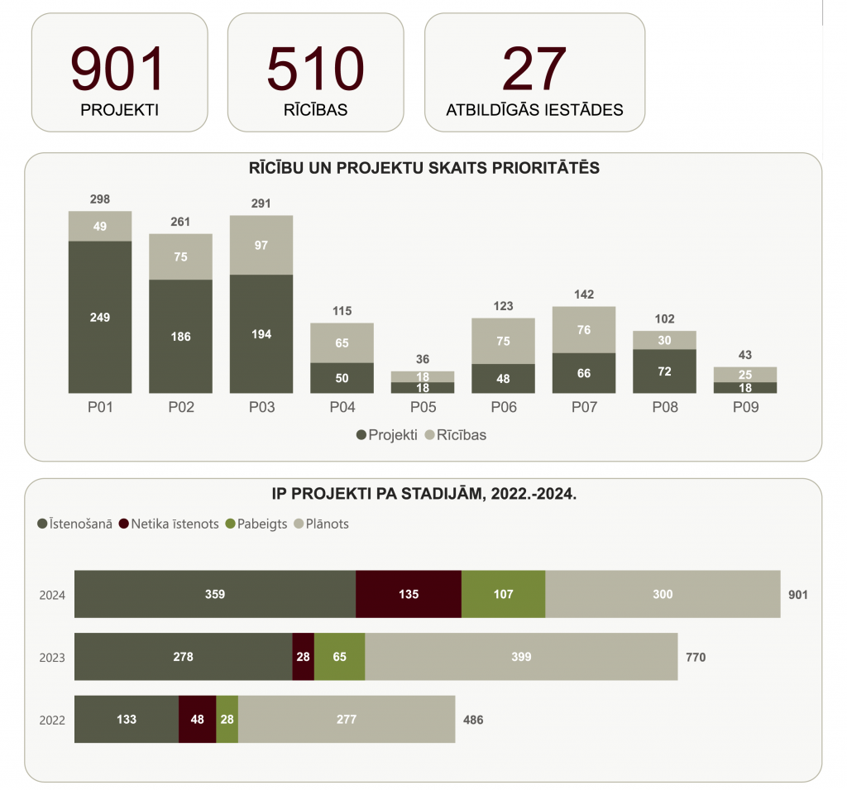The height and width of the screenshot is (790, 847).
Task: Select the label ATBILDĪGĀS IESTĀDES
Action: pyautogui.click(x=534, y=110)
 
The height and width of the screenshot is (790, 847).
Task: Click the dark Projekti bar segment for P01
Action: pyautogui.click(x=100, y=317)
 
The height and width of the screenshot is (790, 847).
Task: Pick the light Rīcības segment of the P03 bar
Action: pyautogui.click(x=261, y=245)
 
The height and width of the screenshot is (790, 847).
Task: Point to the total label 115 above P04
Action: pyautogui.click(x=342, y=311)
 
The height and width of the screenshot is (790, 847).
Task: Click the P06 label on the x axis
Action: pyautogui.click(x=503, y=407)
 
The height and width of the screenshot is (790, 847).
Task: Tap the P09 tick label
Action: pyautogui.click(x=744, y=407)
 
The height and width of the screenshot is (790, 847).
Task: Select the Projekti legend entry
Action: pyautogui.click(x=386, y=435)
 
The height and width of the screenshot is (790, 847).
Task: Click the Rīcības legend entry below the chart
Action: pyautogui.click(x=455, y=435)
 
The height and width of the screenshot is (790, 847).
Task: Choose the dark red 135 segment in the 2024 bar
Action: pyautogui.click(x=409, y=594)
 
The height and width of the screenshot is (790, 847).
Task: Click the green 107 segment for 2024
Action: pyautogui.click(x=503, y=594)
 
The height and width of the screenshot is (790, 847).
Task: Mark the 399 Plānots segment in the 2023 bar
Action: pyautogui.click(x=521, y=657)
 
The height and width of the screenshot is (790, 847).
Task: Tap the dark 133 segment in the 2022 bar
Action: pyautogui.click(x=127, y=719)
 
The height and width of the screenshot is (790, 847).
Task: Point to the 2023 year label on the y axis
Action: pyautogui.click(x=52, y=658)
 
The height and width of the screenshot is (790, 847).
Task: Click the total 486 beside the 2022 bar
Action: pyautogui.click(x=473, y=720)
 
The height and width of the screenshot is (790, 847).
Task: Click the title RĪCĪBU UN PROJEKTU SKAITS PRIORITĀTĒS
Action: pyautogui.click(x=423, y=168)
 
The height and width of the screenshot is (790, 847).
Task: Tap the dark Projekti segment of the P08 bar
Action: pyautogui.click(x=664, y=371)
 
